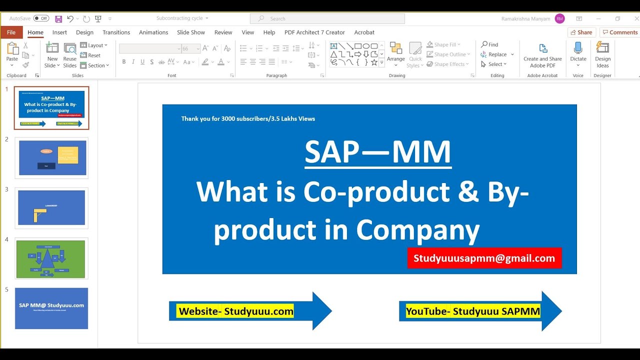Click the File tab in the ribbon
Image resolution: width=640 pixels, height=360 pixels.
(x=11, y=32)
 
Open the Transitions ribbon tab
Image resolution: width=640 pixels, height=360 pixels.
(x=116, y=32)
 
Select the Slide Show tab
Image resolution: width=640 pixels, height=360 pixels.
(x=191, y=32)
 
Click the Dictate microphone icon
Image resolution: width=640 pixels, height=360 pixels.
(x=578, y=49)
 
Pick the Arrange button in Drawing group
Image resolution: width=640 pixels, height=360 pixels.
(x=395, y=51)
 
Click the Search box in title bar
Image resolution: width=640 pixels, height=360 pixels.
(x=327, y=18)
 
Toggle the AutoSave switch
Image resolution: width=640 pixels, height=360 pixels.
(x=41, y=18)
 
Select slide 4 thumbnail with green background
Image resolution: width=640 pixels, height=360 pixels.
(x=51, y=258)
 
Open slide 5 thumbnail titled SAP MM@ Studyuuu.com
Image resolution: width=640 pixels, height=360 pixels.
(x=51, y=308)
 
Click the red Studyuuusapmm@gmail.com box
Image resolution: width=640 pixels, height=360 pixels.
(x=484, y=258)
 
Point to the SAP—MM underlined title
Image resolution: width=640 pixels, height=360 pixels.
(x=377, y=152)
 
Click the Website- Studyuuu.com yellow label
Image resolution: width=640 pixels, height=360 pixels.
(x=236, y=311)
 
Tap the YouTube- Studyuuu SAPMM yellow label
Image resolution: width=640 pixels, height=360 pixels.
(x=472, y=311)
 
